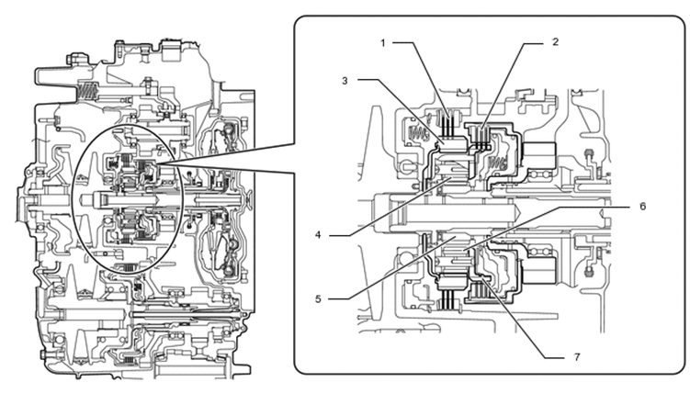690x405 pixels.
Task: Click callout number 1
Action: pos(383,43)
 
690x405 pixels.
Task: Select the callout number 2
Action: pos(555,42)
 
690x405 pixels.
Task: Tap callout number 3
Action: pos(345,81)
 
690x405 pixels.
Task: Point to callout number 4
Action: pos(318,235)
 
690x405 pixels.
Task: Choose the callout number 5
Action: pos(318,299)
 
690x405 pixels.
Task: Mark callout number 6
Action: pos(642,207)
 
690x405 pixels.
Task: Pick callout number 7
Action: pos(577,357)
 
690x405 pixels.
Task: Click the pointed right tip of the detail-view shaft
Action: pos(521,213)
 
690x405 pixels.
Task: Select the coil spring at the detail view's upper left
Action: pos(418,132)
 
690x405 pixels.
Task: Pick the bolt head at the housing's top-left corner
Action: pos(72,59)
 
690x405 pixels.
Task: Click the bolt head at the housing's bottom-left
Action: pos(43,354)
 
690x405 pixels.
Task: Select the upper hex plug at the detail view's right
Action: pos(589,153)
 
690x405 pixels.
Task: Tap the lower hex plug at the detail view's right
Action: pos(589,271)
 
